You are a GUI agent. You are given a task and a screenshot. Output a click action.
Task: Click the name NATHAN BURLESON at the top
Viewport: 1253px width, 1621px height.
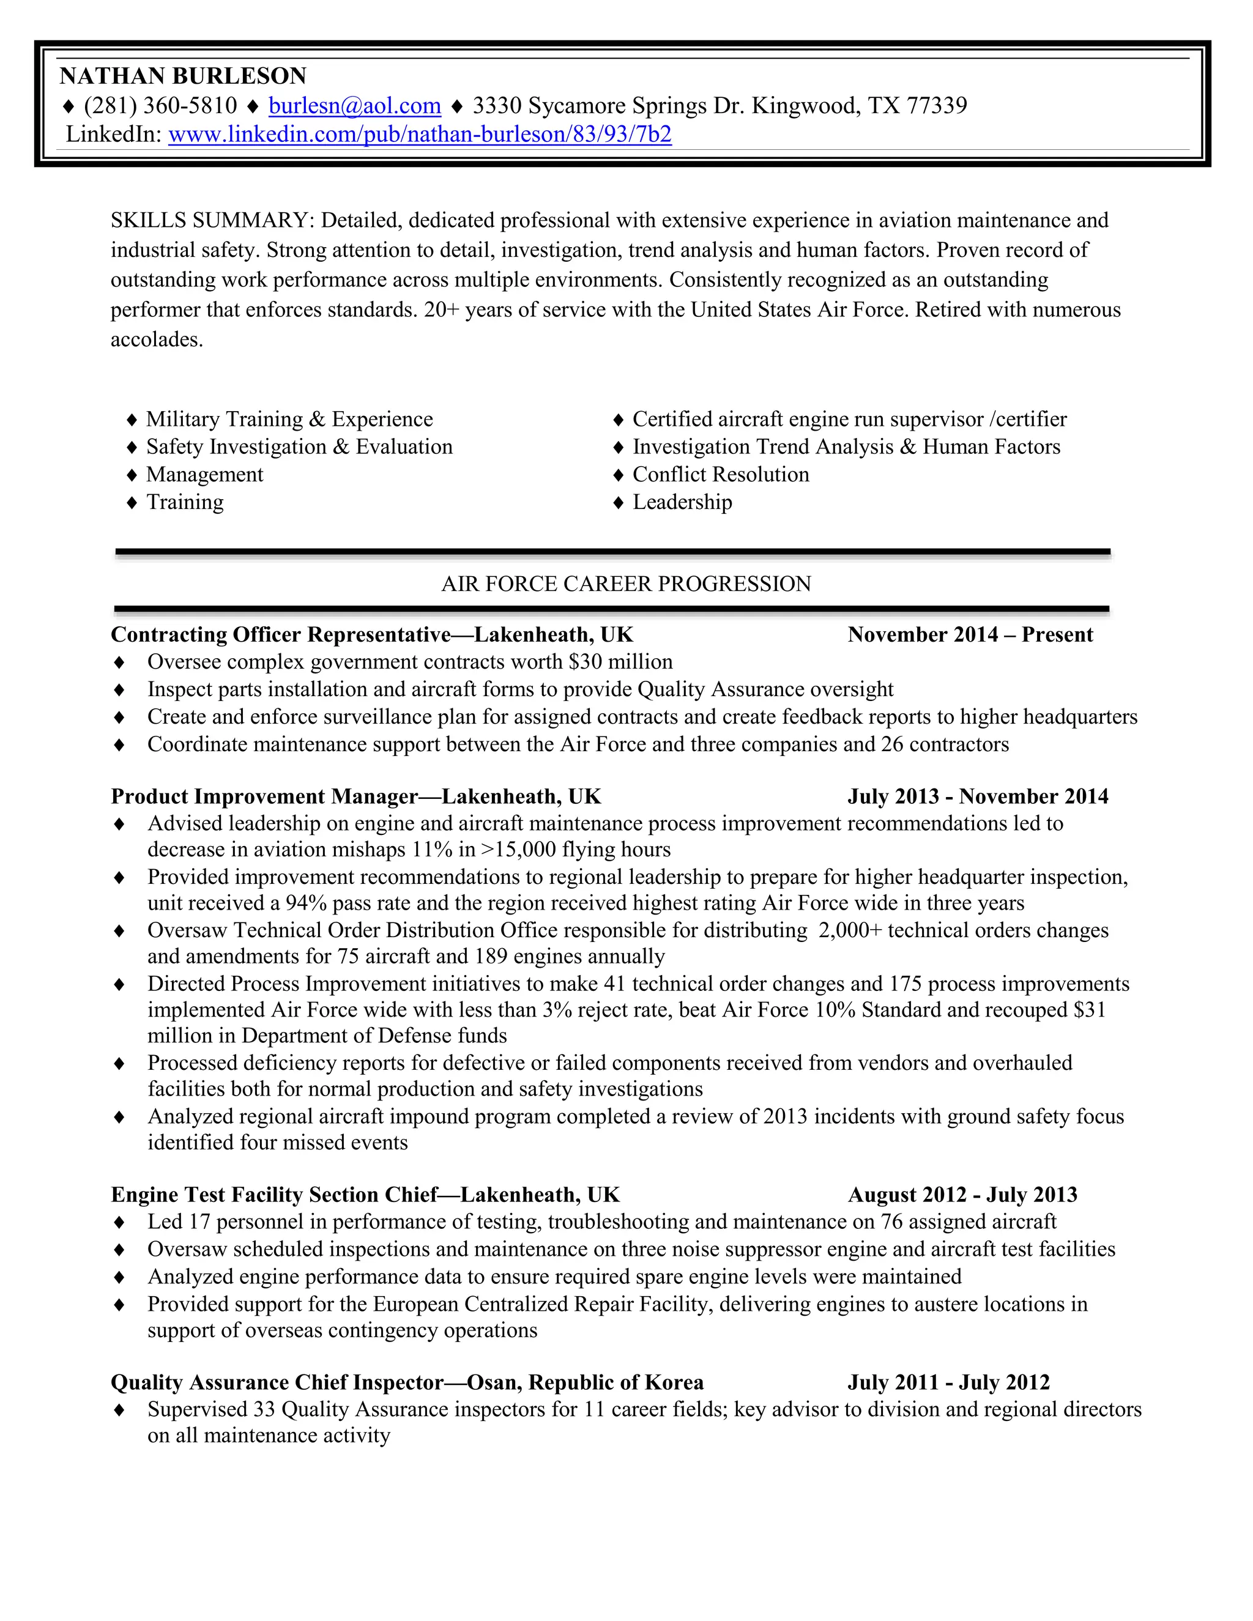pyautogui.click(x=182, y=76)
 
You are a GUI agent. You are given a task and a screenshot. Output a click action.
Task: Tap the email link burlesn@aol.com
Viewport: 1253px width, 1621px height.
pyautogui.click(x=355, y=106)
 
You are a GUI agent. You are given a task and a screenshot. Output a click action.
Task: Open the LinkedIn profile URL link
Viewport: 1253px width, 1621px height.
pyautogui.click(x=420, y=135)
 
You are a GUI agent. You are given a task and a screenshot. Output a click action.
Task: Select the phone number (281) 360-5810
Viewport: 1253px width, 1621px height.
pyautogui.click(x=160, y=106)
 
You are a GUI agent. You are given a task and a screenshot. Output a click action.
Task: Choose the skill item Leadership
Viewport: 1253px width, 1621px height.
pyautogui.click(x=682, y=502)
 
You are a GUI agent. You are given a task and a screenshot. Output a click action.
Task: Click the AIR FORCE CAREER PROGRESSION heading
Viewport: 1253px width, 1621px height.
pyautogui.click(x=626, y=584)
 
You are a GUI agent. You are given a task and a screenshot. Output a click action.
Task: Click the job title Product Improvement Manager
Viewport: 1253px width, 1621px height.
pyautogui.click(x=264, y=797)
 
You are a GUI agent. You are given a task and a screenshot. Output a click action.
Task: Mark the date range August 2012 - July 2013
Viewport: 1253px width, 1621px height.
pyautogui.click(x=962, y=1195)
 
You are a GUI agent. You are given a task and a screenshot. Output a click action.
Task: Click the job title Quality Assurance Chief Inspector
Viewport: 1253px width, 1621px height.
pyautogui.click(x=277, y=1383)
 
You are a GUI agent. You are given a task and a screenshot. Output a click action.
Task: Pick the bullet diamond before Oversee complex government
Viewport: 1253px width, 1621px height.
pyautogui.click(x=119, y=662)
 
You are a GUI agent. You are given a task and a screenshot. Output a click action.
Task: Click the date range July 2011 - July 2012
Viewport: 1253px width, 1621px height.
pyautogui.click(x=949, y=1383)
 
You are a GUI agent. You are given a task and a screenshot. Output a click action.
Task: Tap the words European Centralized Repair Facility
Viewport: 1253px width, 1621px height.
pyautogui.click(x=543, y=1304)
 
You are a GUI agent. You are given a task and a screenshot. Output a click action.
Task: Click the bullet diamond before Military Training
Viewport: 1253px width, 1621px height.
pyautogui.click(x=132, y=420)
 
